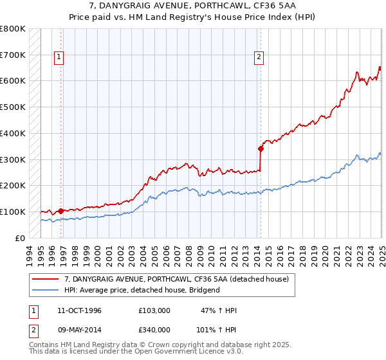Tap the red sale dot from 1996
click(x=60, y=210)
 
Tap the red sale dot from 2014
click(x=261, y=148)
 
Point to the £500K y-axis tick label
click(x=13, y=107)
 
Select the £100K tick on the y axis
click(x=13, y=212)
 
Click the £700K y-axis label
click(x=13, y=55)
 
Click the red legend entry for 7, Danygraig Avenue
click(x=179, y=279)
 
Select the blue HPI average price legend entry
click(x=142, y=290)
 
